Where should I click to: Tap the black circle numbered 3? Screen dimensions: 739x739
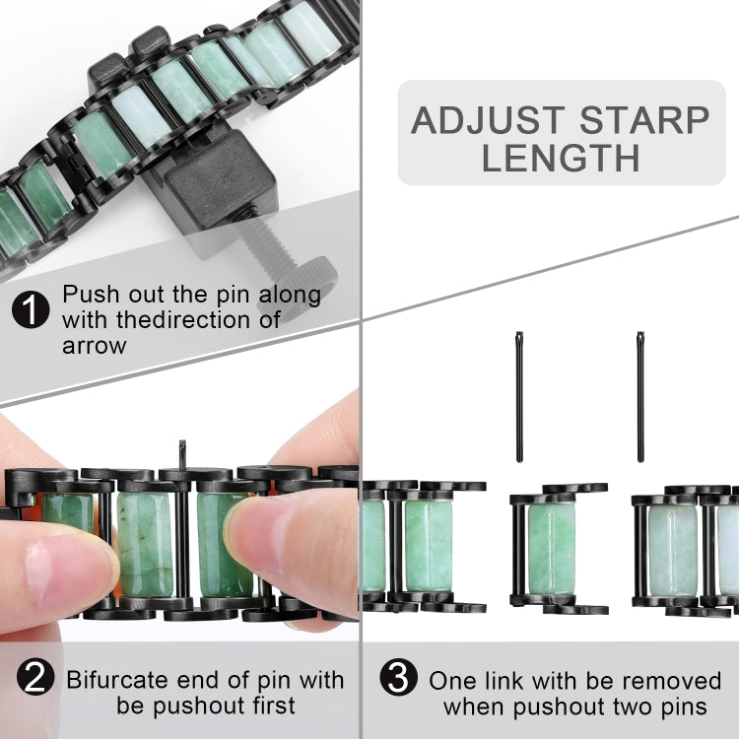pos(397,679)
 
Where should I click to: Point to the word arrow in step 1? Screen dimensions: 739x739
pos(97,345)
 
